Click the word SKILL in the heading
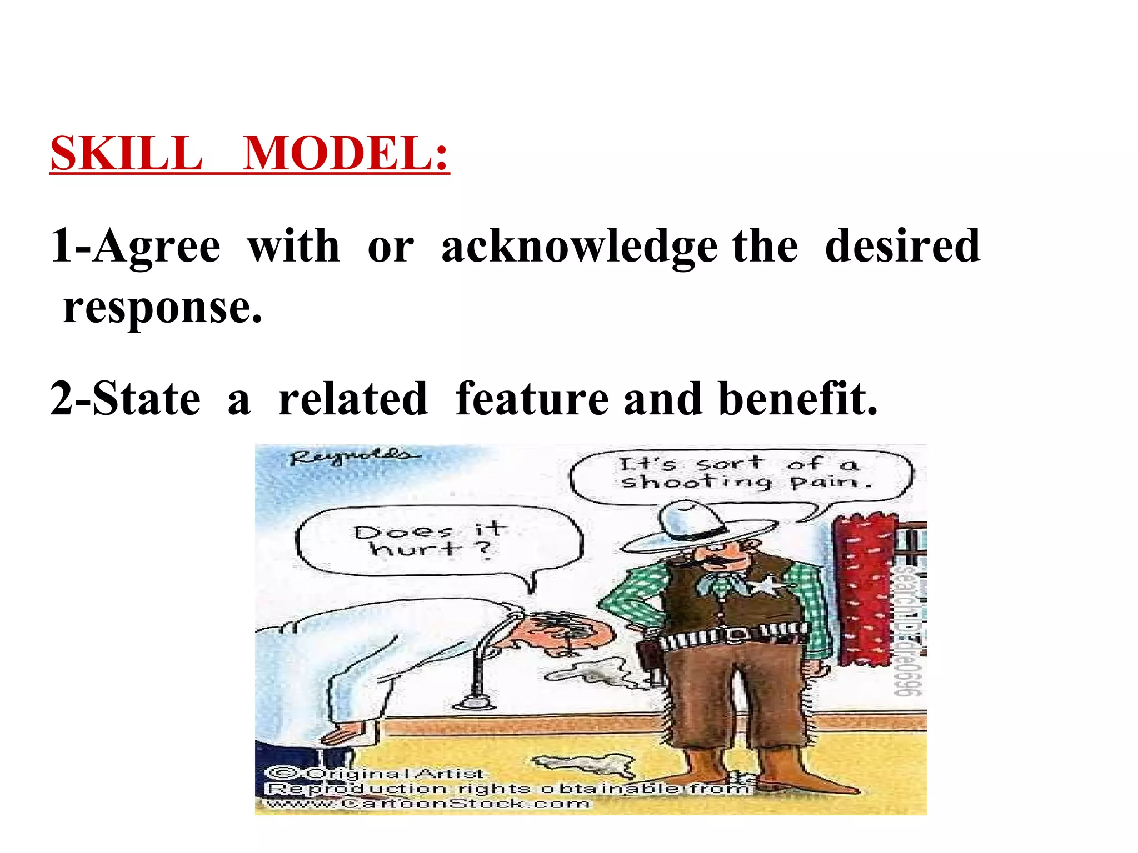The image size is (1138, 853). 127,154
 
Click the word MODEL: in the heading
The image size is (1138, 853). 346,154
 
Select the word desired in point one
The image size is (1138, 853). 902,246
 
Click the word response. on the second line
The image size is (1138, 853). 163,309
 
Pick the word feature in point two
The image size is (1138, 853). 532,399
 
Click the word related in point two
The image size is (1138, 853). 353,399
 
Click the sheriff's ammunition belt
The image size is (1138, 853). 733,636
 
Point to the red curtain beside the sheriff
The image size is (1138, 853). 865,589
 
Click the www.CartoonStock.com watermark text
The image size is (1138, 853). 428,804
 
